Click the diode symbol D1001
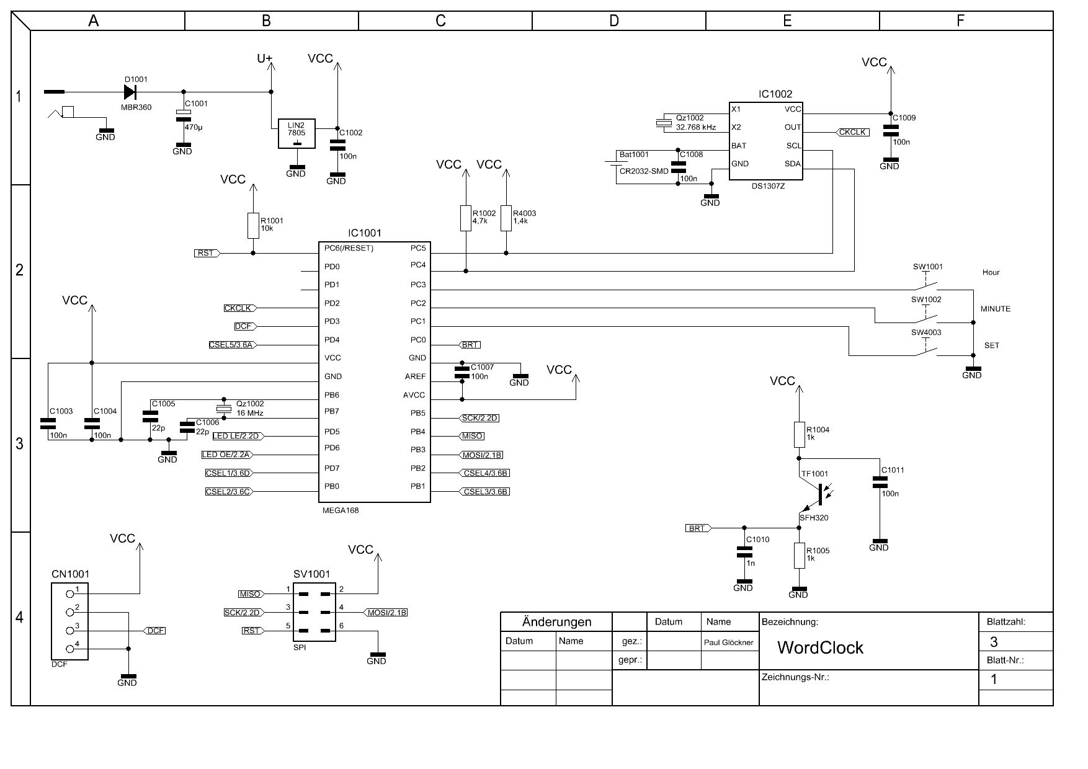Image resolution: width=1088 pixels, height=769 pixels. click(130, 92)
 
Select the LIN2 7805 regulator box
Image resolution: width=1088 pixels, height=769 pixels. click(297, 133)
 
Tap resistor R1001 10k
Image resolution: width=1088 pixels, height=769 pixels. click(253, 225)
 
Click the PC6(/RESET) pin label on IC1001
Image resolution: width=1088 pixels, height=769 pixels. click(349, 248)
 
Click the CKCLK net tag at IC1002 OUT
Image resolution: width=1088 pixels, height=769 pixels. click(852, 133)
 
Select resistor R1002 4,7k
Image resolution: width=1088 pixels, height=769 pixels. click(466, 218)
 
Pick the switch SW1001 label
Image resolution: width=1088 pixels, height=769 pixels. click(927, 267)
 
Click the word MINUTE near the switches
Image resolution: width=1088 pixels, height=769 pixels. click(995, 309)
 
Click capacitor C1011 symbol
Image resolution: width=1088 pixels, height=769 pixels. click(880, 482)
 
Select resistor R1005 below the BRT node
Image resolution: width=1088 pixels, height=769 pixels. click(800, 556)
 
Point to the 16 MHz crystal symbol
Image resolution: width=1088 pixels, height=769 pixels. click(224, 408)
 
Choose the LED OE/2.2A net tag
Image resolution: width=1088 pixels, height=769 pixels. click(226, 455)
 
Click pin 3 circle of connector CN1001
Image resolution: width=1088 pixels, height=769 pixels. click(70, 631)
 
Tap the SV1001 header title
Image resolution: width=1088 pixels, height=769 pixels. click(311, 574)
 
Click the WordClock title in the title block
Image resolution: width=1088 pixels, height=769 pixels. click(820, 648)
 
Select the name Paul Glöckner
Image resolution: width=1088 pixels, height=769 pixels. click(728, 642)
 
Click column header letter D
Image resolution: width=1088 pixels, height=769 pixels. click(613, 21)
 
